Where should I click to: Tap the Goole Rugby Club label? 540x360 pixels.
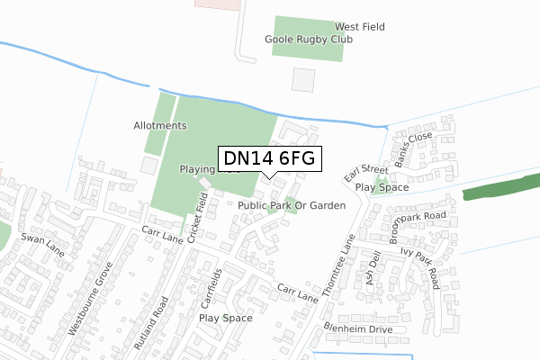coord(309,40)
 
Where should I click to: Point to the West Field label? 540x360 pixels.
coord(360,27)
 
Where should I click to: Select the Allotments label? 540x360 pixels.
coord(159,125)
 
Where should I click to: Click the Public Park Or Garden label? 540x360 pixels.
coord(292,206)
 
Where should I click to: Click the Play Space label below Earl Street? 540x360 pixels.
coord(382,188)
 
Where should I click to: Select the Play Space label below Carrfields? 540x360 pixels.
coord(225,318)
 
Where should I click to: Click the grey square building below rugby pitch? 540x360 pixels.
coord(304,79)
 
